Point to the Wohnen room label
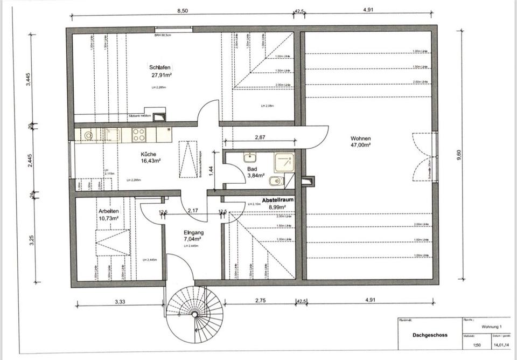(x=360, y=138)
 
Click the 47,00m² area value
(x=360, y=146)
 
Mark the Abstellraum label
(x=278, y=199)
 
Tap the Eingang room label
(x=192, y=232)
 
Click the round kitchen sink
(x=88, y=135)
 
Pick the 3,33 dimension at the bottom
(x=120, y=302)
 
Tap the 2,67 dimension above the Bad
(x=259, y=137)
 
